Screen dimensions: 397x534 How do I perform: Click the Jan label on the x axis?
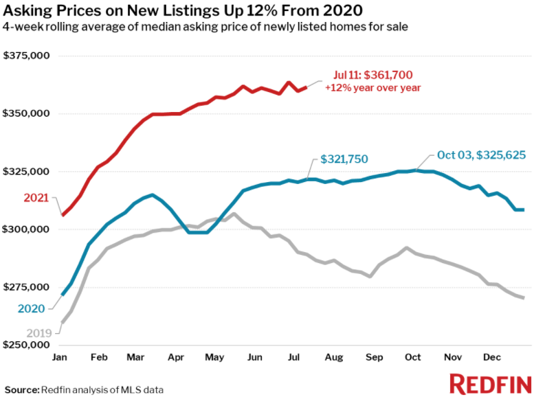coord(60,358)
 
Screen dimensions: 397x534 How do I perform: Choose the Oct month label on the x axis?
coord(412,358)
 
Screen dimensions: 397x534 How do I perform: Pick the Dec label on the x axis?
coord(491,358)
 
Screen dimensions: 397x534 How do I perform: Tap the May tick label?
coord(215,358)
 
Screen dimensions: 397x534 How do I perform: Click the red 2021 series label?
coord(36,198)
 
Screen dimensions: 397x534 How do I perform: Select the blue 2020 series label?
coord(32,309)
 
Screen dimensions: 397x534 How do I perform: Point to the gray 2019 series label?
coord(38,333)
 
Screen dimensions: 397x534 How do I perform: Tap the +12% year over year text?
coord(372,88)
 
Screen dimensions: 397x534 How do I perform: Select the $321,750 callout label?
coord(344,159)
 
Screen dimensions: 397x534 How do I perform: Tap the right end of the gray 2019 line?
coord(524,298)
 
